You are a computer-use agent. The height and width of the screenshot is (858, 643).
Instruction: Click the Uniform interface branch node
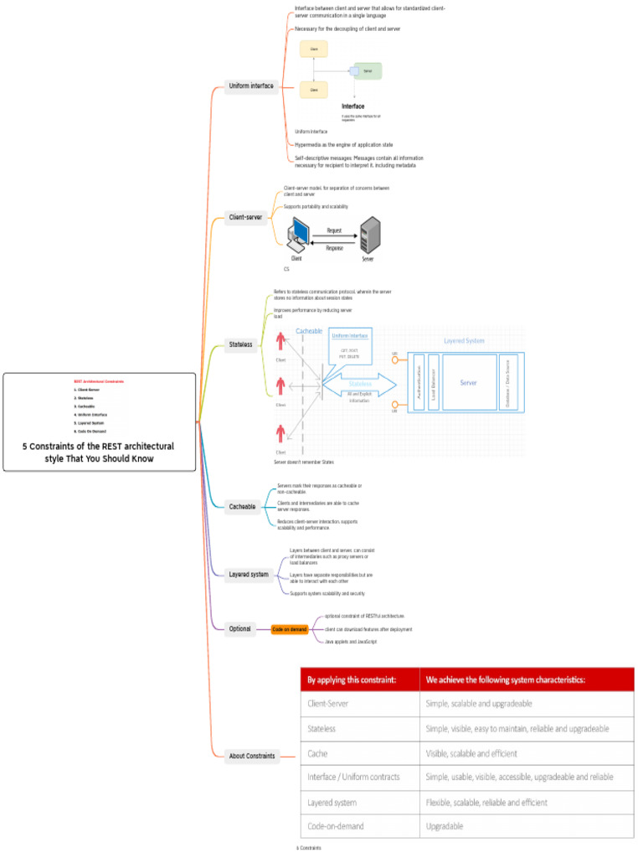point(251,85)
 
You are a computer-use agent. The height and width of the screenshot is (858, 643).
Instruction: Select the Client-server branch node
point(246,217)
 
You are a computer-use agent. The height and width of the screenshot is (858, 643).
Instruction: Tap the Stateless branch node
point(240,344)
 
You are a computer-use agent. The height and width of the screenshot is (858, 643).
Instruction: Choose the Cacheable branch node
point(243,506)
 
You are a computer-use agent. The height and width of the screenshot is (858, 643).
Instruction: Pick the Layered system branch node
point(249,574)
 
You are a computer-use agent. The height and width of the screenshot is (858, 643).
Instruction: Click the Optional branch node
point(240,628)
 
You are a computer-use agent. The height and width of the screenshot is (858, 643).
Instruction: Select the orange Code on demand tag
point(290,629)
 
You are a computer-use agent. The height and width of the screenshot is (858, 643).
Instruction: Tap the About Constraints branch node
point(252,756)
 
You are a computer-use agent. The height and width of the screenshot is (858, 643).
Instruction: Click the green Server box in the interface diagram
point(368,71)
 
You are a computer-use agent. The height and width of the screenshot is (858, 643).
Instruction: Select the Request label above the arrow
point(334,230)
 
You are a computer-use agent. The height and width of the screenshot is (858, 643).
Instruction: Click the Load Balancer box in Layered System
point(434,382)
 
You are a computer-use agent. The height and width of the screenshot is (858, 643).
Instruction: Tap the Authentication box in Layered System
point(419,382)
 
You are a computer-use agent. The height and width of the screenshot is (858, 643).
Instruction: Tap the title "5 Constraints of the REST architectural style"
point(99,452)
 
